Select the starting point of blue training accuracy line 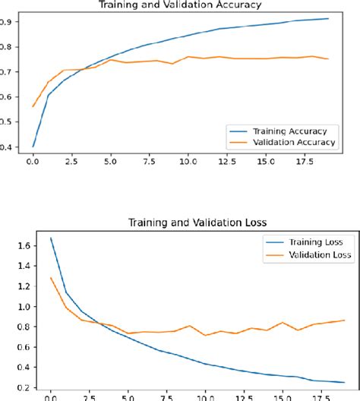[x=33, y=147]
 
